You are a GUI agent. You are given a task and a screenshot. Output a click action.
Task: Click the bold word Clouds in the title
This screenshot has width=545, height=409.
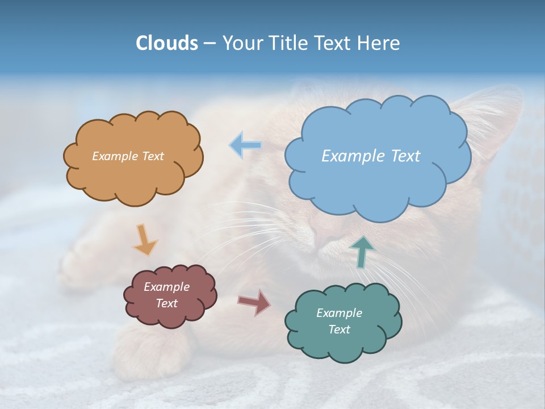[167, 43]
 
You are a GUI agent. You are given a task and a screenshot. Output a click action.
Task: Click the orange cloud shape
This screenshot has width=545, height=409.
[133, 176]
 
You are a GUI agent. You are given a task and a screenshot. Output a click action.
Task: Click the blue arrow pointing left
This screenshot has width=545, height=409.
[245, 145]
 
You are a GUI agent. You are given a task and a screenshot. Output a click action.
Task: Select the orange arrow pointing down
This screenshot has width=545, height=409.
[145, 240]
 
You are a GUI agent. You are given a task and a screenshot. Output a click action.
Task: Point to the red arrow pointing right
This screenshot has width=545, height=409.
[254, 302]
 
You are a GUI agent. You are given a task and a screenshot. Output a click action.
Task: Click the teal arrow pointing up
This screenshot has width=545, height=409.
[363, 252]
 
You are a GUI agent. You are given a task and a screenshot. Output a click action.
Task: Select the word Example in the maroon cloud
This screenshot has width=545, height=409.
[166, 287]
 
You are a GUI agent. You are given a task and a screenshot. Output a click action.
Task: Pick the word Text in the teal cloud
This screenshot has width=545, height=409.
[339, 329]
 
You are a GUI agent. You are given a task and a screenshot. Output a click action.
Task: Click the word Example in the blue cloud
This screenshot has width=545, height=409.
[353, 156]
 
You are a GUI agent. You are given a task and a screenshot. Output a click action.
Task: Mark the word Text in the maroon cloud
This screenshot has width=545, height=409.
[166, 303]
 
